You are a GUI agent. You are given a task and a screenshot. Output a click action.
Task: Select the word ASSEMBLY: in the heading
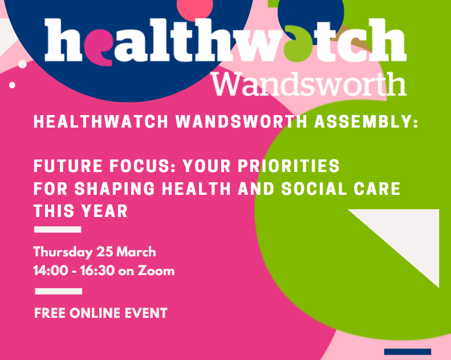366,121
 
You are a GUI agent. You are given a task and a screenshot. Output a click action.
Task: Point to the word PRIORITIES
289,166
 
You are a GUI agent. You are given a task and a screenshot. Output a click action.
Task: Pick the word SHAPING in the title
115,189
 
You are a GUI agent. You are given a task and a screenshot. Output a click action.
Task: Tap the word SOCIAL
314,189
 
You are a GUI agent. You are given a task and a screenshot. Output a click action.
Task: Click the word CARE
377,189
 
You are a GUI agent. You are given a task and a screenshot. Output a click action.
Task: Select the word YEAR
104,211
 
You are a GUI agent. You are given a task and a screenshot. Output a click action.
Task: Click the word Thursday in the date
63,252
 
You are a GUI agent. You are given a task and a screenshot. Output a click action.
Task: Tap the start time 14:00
51,271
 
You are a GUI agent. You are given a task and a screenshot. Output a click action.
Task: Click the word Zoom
156,271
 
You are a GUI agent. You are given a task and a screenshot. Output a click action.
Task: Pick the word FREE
50,313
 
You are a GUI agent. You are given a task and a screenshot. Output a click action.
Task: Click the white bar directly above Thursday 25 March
58,230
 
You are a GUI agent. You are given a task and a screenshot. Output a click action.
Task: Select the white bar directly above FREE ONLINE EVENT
58,291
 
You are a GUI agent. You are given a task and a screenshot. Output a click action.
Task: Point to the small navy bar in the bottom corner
408,351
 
